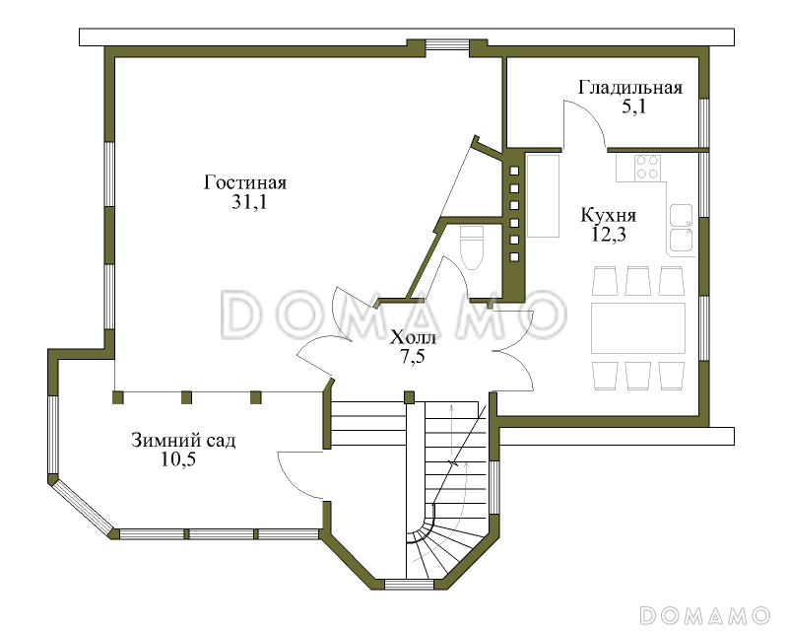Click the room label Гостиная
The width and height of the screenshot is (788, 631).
point(244,182)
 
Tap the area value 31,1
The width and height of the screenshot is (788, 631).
point(249,202)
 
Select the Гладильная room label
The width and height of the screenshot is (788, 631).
point(630,88)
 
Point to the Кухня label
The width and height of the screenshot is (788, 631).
point(608,215)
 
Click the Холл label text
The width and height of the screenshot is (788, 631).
point(413,336)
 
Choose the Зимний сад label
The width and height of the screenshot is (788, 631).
point(183,441)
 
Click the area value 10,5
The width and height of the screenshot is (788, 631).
point(178,459)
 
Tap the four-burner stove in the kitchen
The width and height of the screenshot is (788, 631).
point(647,168)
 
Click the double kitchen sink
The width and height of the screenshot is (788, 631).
point(681,228)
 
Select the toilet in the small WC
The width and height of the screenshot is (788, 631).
point(472,247)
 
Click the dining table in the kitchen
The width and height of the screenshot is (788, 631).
point(638,328)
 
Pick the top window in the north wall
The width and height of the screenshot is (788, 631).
point(448,45)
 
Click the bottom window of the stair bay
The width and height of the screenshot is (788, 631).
point(409,585)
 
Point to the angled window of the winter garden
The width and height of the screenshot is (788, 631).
point(84,506)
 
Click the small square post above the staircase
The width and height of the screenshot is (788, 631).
point(410,397)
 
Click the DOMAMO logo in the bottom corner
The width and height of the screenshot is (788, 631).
point(705,615)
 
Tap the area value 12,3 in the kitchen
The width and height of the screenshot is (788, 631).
point(608,235)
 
